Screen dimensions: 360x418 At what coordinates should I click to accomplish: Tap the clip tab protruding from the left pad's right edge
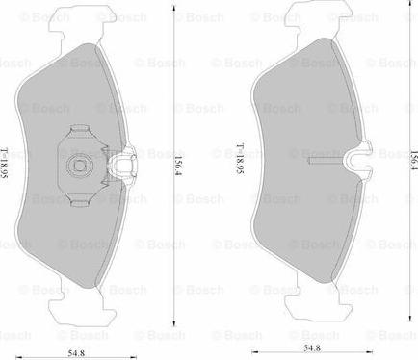click(x=122, y=166)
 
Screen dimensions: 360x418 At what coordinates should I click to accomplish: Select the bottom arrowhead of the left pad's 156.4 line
click(x=174, y=322)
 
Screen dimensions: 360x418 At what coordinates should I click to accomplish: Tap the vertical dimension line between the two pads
click(x=174, y=241)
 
